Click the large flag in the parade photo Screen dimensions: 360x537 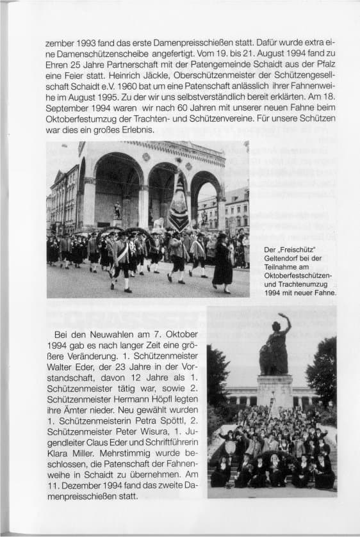tap(179, 204)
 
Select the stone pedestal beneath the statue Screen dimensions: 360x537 tap(275, 391)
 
